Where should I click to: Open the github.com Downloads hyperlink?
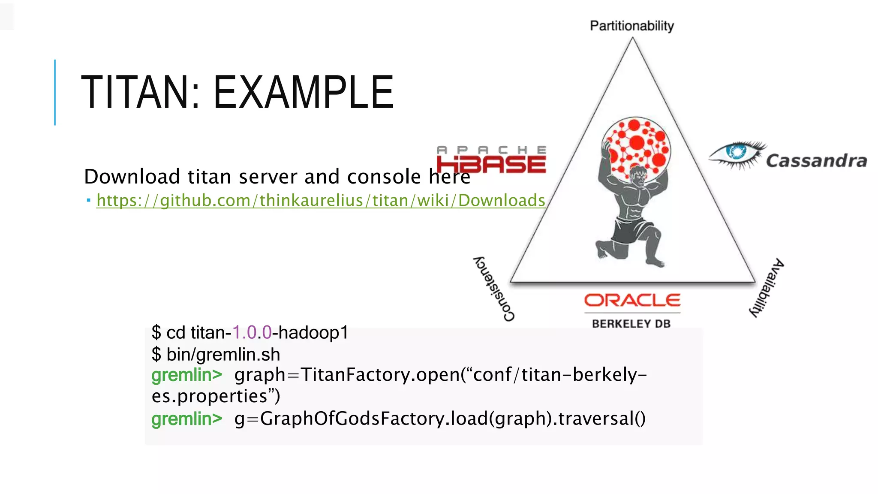click(320, 201)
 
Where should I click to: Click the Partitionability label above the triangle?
click(631, 26)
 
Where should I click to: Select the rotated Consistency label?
click(493, 289)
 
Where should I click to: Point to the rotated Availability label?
click(767, 288)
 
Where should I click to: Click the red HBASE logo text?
click(491, 165)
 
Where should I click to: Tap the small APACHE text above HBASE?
click(491, 150)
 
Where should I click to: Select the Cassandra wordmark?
click(816, 161)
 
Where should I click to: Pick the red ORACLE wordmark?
click(632, 300)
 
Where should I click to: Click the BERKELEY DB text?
click(631, 324)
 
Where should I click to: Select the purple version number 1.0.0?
click(252, 333)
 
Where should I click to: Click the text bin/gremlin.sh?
click(223, 355)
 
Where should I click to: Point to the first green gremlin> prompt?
click(186, 375)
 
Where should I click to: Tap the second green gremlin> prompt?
click(186, 419)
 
